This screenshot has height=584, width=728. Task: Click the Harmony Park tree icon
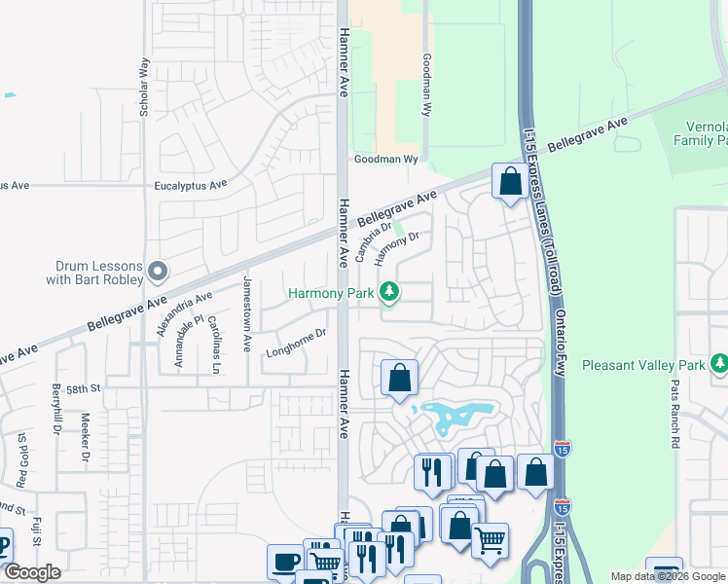click(389, 291)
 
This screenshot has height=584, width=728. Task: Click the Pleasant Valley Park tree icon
click(719, 364)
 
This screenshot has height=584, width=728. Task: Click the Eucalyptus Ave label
click(191, 184)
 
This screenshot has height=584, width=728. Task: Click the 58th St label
click(84, 388)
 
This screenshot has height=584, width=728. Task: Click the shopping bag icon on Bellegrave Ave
click(510, 181)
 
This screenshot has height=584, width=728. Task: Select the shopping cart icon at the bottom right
click(490, 538)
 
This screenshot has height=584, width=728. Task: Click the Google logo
click(32, 572)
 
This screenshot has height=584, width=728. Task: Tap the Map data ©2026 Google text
click(668, 576)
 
